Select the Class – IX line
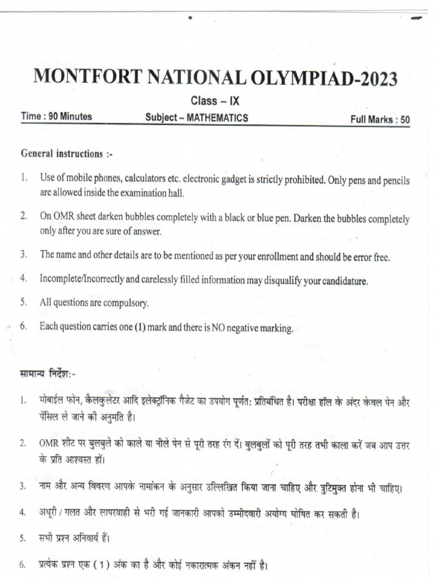coord(215,102)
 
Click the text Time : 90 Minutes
coord(57,117)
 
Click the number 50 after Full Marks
coord(404,119)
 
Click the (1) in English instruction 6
coord(141,327)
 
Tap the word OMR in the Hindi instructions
coord(50,445)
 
